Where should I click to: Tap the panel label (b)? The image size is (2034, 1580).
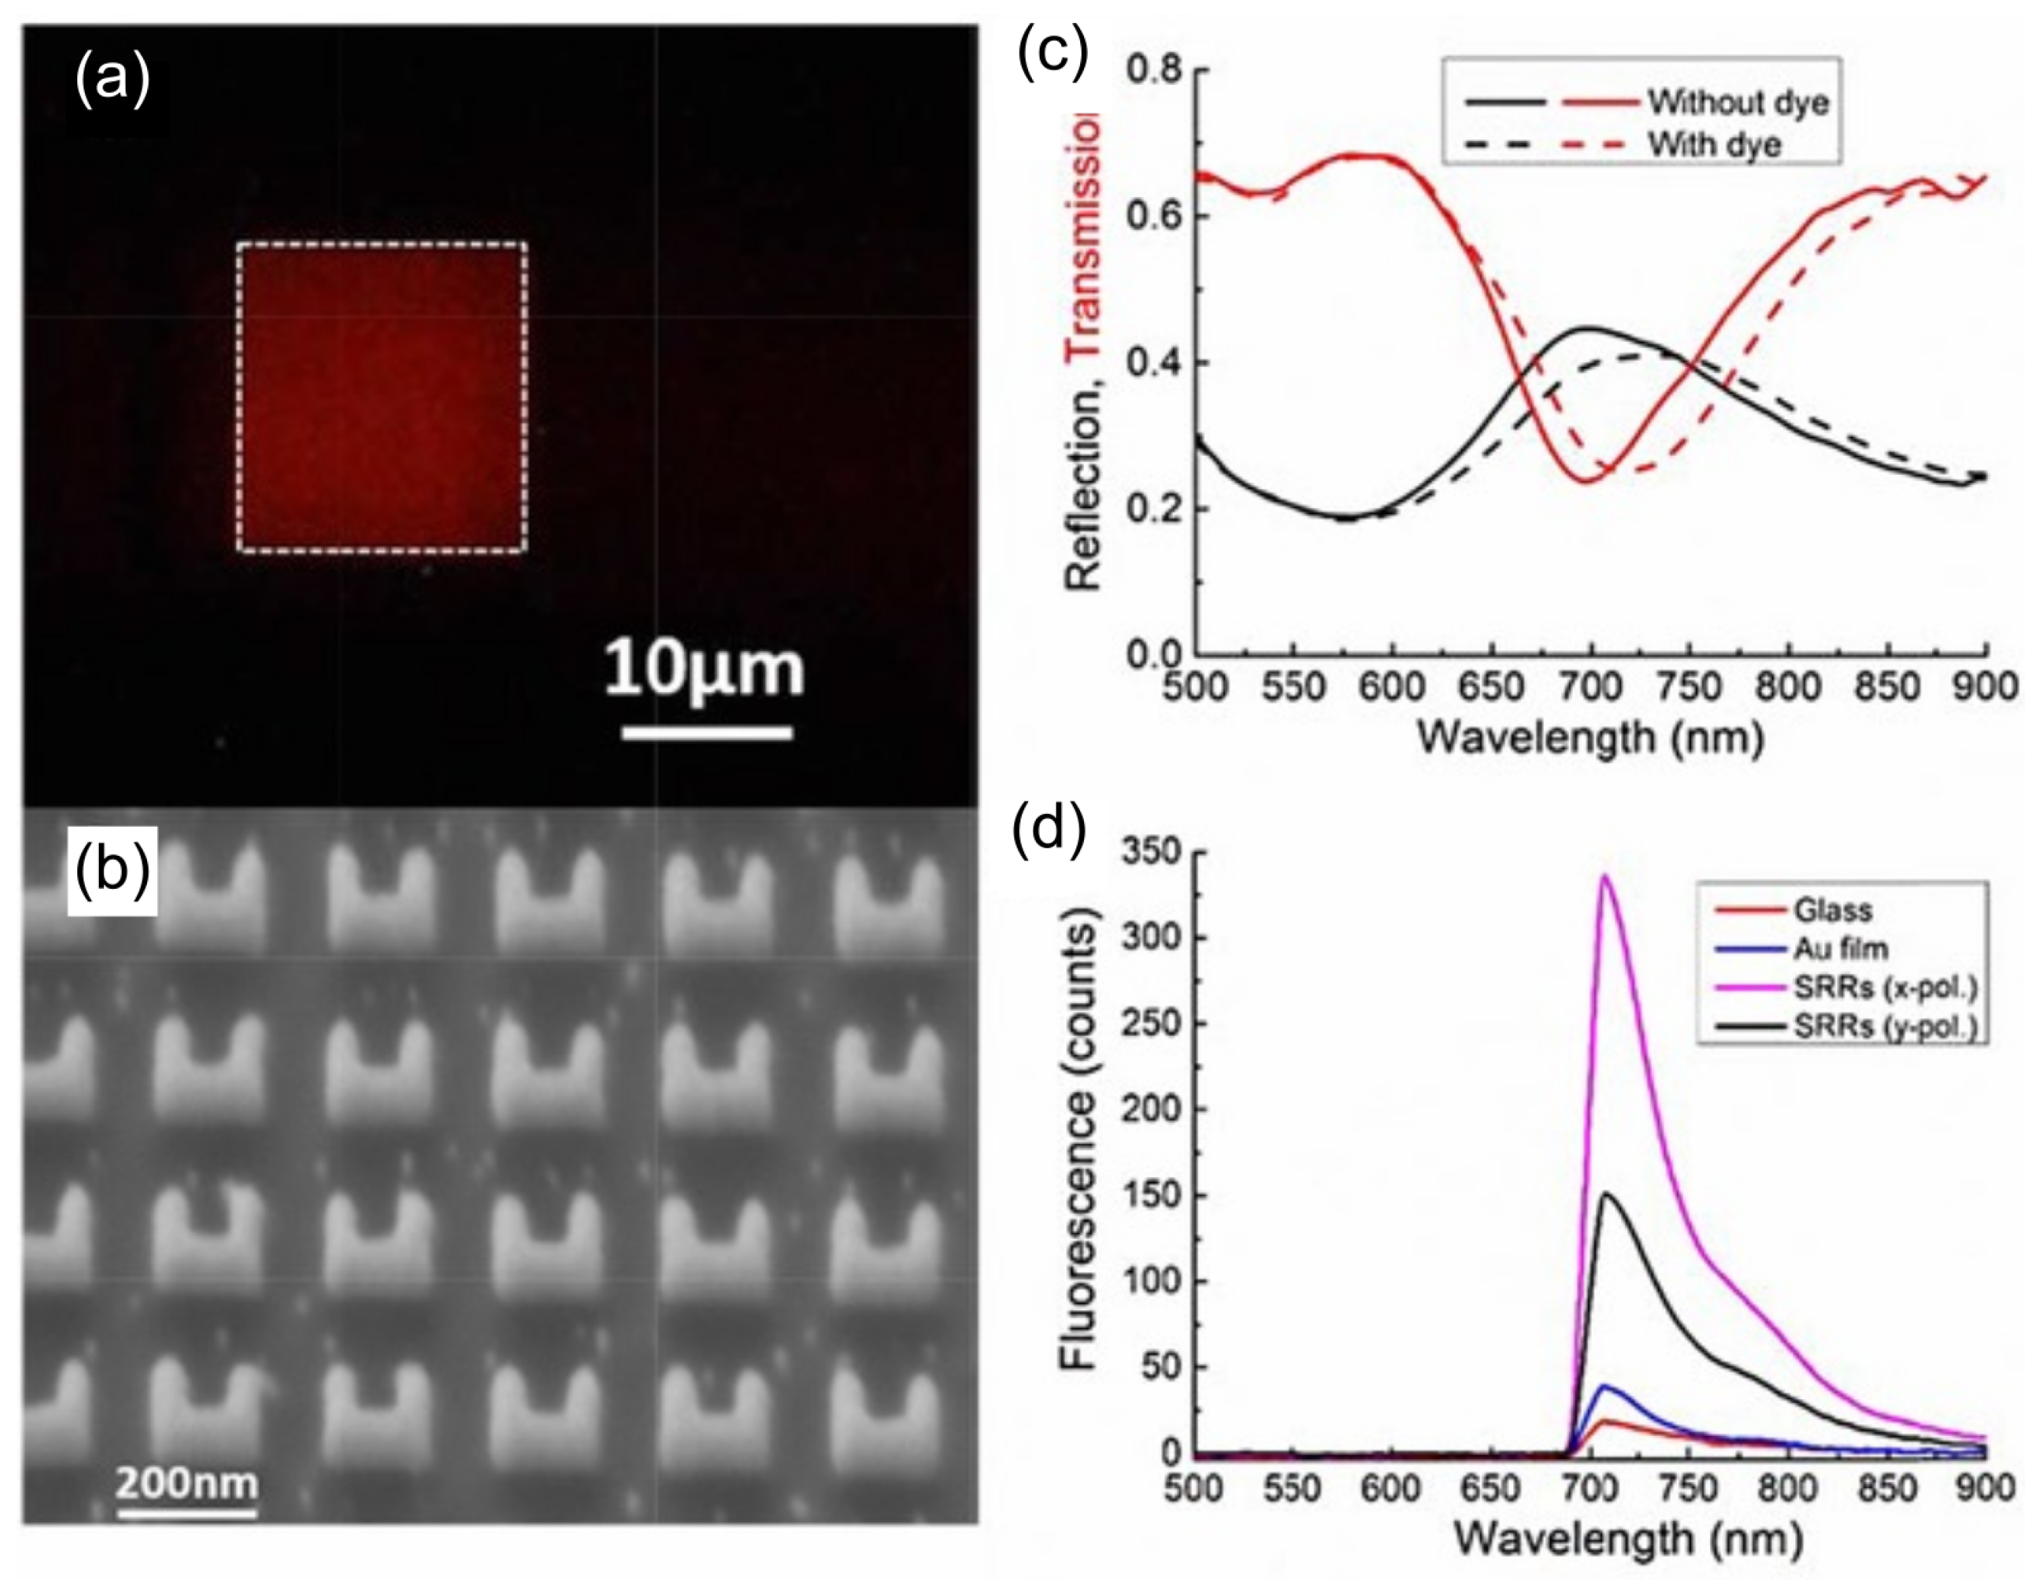(112, 870)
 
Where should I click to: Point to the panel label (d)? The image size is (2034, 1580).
(1049, 828)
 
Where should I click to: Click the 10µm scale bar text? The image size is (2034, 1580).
(704, 670)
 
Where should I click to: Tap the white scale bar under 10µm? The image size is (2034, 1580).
(707, 733)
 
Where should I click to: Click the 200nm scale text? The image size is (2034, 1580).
(186, 1481)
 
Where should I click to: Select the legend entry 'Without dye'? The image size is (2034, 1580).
(1738, 103)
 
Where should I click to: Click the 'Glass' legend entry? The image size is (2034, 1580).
(1833, 910)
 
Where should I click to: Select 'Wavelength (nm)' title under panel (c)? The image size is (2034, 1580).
(1590, 739)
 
